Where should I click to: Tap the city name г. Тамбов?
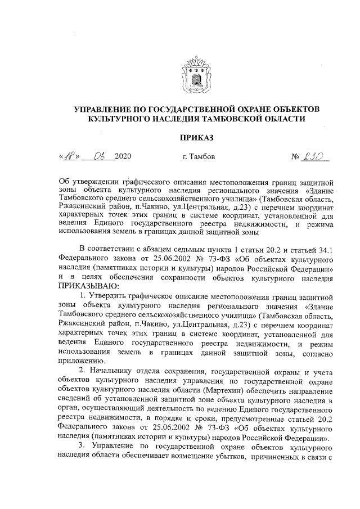pyautogui.click(x=199, y=156)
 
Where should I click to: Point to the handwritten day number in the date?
pyautogui.click(x=69, y=155)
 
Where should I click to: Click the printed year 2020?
pyautogui.click(x=122, y=156)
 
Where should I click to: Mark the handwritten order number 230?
pyautogui.click(x=316, y=155)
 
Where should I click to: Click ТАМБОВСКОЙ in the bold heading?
pyautogui.click(x=261, y=118)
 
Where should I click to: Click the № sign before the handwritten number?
pyautogui.click(x=295, y=156)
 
